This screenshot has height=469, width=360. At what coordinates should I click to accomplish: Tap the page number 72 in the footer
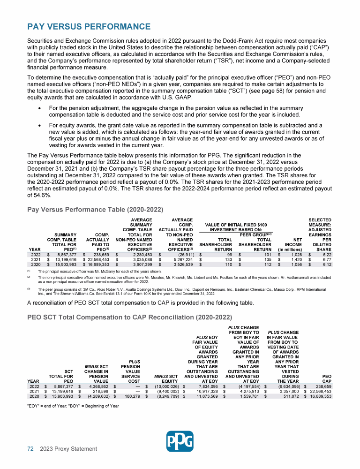click(x=30, y=449)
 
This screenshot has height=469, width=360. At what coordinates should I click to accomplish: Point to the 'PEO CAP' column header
click(x=324, y=378)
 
